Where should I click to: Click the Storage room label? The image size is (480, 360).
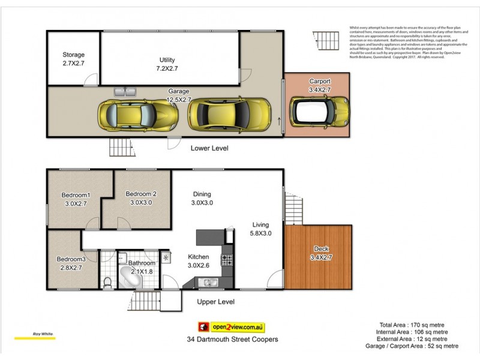74,58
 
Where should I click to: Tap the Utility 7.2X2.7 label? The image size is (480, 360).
167,64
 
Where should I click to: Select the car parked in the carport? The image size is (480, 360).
320,110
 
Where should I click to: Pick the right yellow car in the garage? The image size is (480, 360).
229,113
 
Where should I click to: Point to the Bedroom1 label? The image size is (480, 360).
76,199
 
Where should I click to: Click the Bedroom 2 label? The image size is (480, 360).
141,198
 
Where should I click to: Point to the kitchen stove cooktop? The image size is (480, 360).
227,260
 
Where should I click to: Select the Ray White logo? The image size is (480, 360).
28,335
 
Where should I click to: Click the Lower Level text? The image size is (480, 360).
209,148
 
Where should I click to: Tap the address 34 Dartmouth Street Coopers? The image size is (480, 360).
232,339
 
